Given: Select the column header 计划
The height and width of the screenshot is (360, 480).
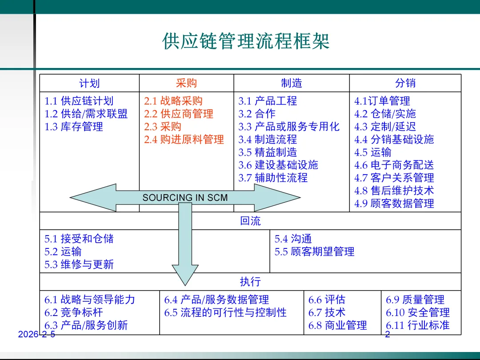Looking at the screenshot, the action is [89, 83].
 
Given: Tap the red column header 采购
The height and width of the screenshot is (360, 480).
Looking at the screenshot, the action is [186, 83].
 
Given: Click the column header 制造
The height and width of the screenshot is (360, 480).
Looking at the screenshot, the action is [292, 83].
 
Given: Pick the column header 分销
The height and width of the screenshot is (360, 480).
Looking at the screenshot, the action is [405, 83].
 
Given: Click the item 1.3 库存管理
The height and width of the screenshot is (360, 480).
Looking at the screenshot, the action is [74, 127].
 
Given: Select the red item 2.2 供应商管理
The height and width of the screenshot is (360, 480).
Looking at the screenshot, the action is [179, 114].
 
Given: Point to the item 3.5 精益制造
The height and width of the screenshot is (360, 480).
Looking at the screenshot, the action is [268, 152].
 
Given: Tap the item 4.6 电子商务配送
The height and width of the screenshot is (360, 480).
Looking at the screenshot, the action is [394, 165].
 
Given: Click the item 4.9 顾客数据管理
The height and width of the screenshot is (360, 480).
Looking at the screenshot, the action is [394, 204].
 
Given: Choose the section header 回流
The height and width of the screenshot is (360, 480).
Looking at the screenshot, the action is [250, 221].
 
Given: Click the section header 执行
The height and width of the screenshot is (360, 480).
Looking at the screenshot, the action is [250, 282].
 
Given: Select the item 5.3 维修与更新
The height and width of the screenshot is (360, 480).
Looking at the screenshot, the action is [79, 264].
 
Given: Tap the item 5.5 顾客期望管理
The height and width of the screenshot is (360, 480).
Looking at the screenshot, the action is [314, 252].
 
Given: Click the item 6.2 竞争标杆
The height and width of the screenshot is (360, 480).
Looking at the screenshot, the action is [74, 312].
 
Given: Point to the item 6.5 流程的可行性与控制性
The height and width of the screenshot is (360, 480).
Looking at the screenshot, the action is [225, 312].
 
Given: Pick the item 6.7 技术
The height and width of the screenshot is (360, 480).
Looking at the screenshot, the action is [327, 312].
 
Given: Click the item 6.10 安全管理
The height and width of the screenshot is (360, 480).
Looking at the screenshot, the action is [417, 312].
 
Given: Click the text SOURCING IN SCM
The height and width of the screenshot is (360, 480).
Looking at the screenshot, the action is [185, 198].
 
